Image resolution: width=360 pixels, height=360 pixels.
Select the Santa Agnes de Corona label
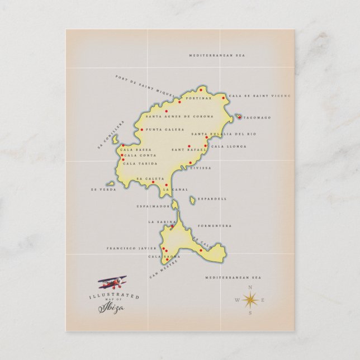[x=173, y=117]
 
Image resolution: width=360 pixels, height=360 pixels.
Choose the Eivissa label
[x=200, y=167]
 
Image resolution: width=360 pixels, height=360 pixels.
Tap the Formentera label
[x=218, y=226]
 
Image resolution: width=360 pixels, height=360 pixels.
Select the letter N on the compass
[x=249, y=288]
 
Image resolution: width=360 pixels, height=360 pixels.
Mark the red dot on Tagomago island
[x=239, y=117]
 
